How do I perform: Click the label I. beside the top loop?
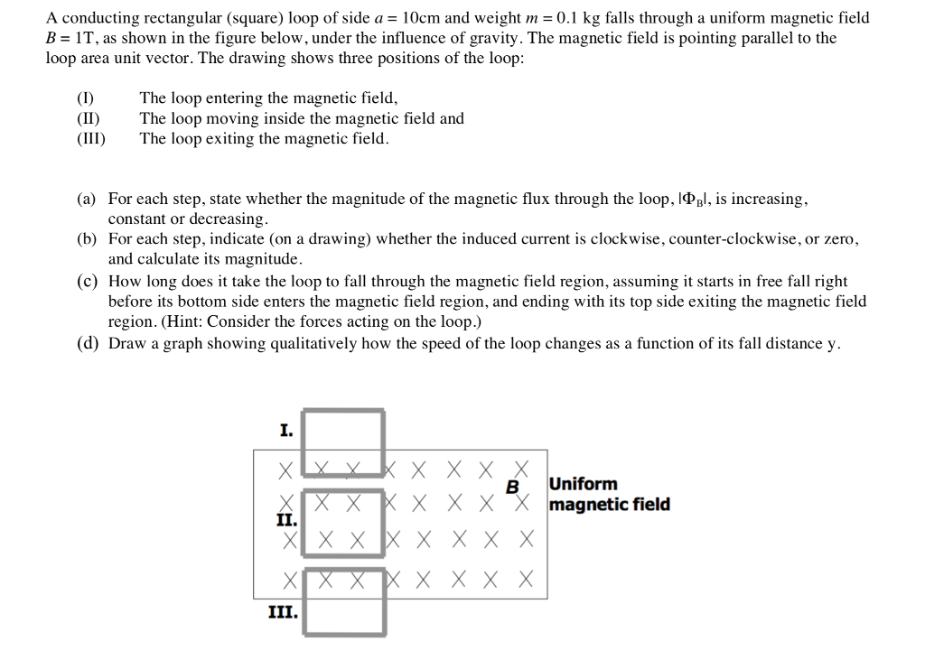tap(285, 431)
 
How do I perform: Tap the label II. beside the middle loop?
tap(285, 519)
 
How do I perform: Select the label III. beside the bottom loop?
tap(283, 611)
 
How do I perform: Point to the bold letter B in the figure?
tap(512, 488)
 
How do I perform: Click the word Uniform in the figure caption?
tap(583, 484)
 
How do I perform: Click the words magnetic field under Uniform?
tap(609, 504)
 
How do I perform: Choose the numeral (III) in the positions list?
tap(91, 139)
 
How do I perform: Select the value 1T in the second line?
tap(87, 38)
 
